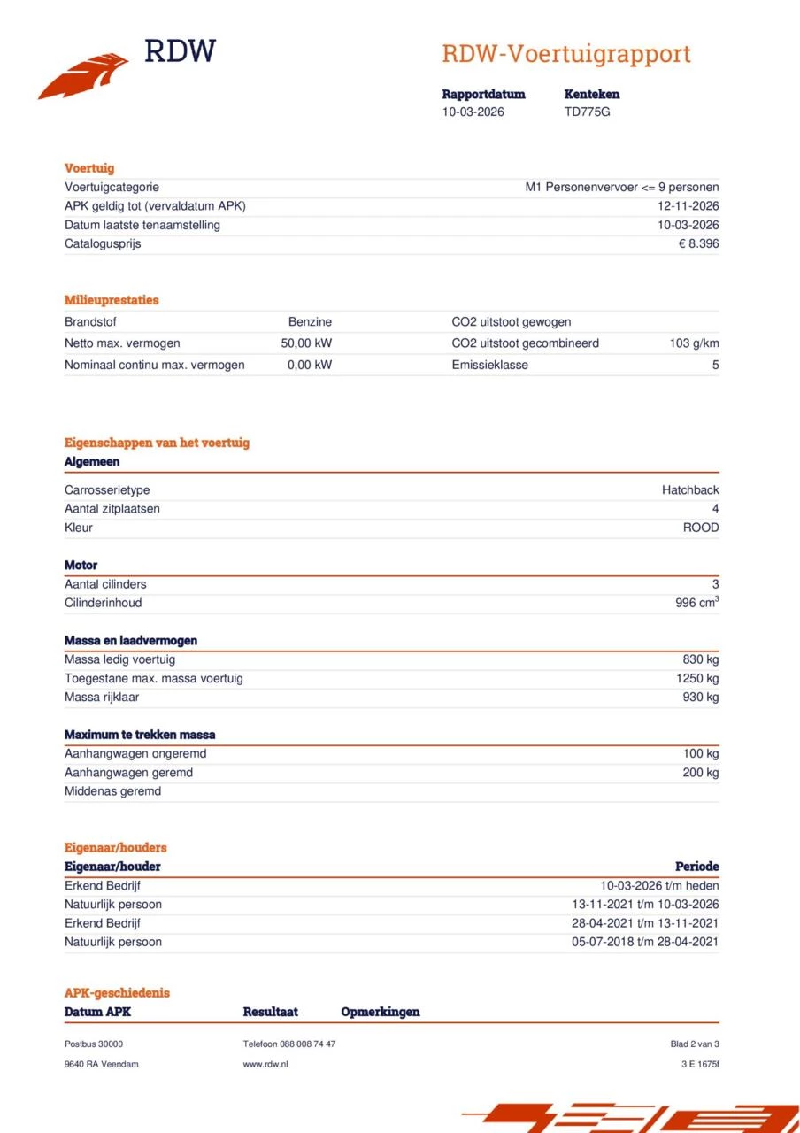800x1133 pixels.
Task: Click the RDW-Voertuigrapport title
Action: pos(565,54)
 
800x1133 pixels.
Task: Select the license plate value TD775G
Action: pos(587,112)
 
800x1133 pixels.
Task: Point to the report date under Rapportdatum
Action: pos(473,112)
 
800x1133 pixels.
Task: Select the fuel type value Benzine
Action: pos(310,322)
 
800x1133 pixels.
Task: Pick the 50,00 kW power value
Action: pos(306,343)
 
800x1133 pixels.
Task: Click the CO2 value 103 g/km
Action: pos(694,343)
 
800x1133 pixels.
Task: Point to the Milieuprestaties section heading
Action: pos(112,300)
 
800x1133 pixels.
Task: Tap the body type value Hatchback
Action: pos(690,490)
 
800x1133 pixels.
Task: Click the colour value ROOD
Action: pos(700,528)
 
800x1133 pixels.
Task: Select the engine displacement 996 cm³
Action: pos(696,603)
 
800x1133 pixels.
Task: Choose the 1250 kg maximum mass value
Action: pos(697,679)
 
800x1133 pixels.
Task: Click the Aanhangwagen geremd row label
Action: pos(128,773)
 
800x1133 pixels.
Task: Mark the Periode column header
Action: pos(696,867)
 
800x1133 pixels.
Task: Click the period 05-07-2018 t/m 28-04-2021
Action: pos(645,943)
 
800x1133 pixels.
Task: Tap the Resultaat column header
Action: pos(270,1012)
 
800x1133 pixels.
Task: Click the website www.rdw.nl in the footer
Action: pos(265,1064)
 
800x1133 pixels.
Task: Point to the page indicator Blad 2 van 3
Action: pos(695,1044)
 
